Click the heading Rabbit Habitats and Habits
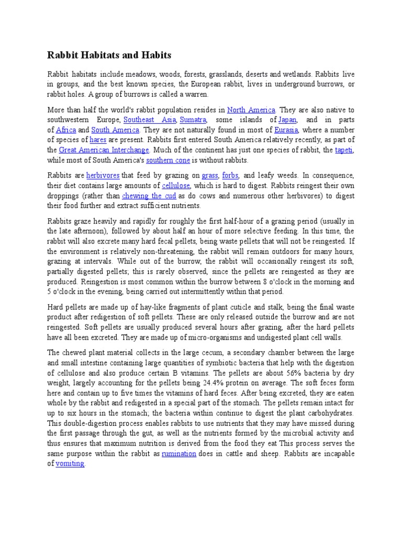click(x=109, y=55)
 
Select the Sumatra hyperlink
click(x=193, y=120)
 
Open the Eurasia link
click(x=286, y=130)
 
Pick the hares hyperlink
click(x=98, y=139)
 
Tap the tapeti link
click(x=344, y=150)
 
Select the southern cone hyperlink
click(x=167, y=160)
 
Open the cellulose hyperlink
click(x=176, y=185)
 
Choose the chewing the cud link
click(x=149, y=196)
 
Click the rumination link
click(x=179, y=453)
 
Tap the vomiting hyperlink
click(x=70, y=463)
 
